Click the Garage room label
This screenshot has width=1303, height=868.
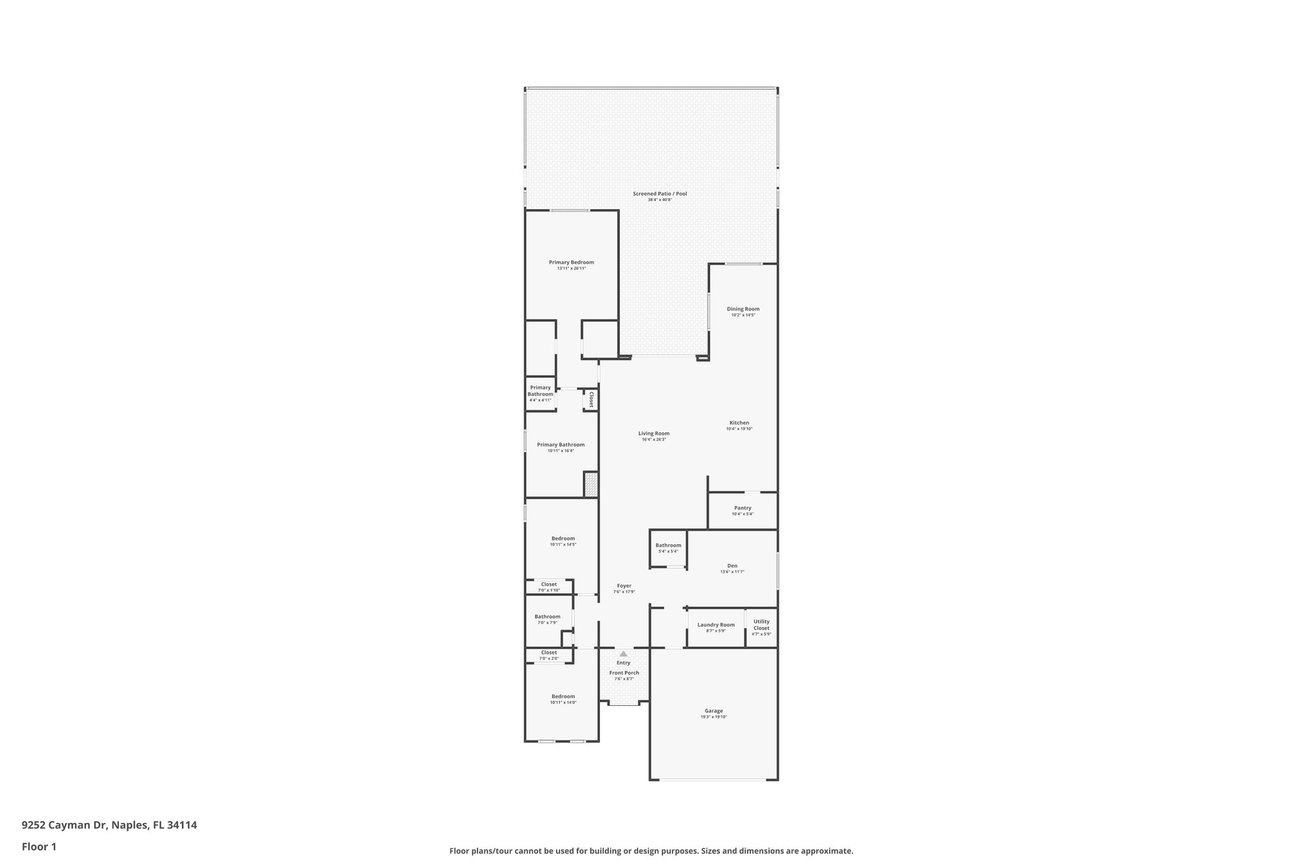click(713, 711)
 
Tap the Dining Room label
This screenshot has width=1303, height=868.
click(743, 309)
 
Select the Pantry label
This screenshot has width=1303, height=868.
click(742, 508)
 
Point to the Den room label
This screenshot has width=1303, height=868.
click(732, 566)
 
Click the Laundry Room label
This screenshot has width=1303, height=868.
click(716, 624)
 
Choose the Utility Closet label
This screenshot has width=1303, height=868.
click(761, 624)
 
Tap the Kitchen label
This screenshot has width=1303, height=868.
click(739, 423)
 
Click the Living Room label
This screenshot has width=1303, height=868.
click(654, 434)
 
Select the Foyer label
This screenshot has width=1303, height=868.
click(624, 586)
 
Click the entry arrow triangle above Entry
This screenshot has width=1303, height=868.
click(624, 653)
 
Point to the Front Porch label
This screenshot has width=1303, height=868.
click(624, 673)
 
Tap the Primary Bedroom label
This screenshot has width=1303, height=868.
click(571, 263)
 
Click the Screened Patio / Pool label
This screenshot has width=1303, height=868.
click(660, 194)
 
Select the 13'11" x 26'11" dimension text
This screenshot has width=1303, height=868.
click(571, 269)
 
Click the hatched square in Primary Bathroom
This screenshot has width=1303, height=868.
click(591, 485)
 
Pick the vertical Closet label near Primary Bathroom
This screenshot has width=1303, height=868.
click(591, 399)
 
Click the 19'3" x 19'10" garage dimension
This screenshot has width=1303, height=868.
click(713, 717)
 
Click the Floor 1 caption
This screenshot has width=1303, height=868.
click(39, 847)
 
